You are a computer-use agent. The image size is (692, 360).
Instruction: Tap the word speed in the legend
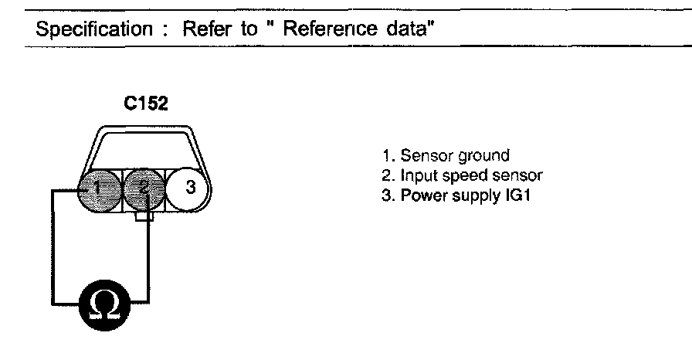click(473, 176)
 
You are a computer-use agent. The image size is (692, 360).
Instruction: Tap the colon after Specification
click(165, 31)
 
